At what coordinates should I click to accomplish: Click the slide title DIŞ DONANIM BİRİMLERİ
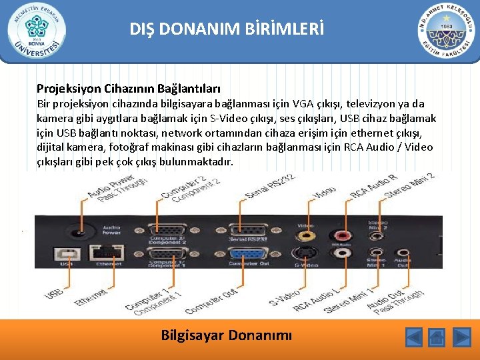pyautogui.click(x=227, y=29)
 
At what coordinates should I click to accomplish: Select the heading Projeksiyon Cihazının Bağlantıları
pyautogui.click(x=129, y=88)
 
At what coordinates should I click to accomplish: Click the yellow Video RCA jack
pyautogui.click(x=306, y=235)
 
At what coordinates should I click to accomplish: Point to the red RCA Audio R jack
pyautogui.click(x=344, y=235)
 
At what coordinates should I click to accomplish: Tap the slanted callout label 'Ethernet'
pyautogui.click(x=92, y=297)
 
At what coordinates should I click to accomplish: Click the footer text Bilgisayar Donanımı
pyautogui.click(x=227, y=335)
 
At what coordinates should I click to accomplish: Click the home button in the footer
pyautogui.click(x=437, y=337)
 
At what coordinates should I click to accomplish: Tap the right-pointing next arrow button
pyautogui.click(x=461, y=337)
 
